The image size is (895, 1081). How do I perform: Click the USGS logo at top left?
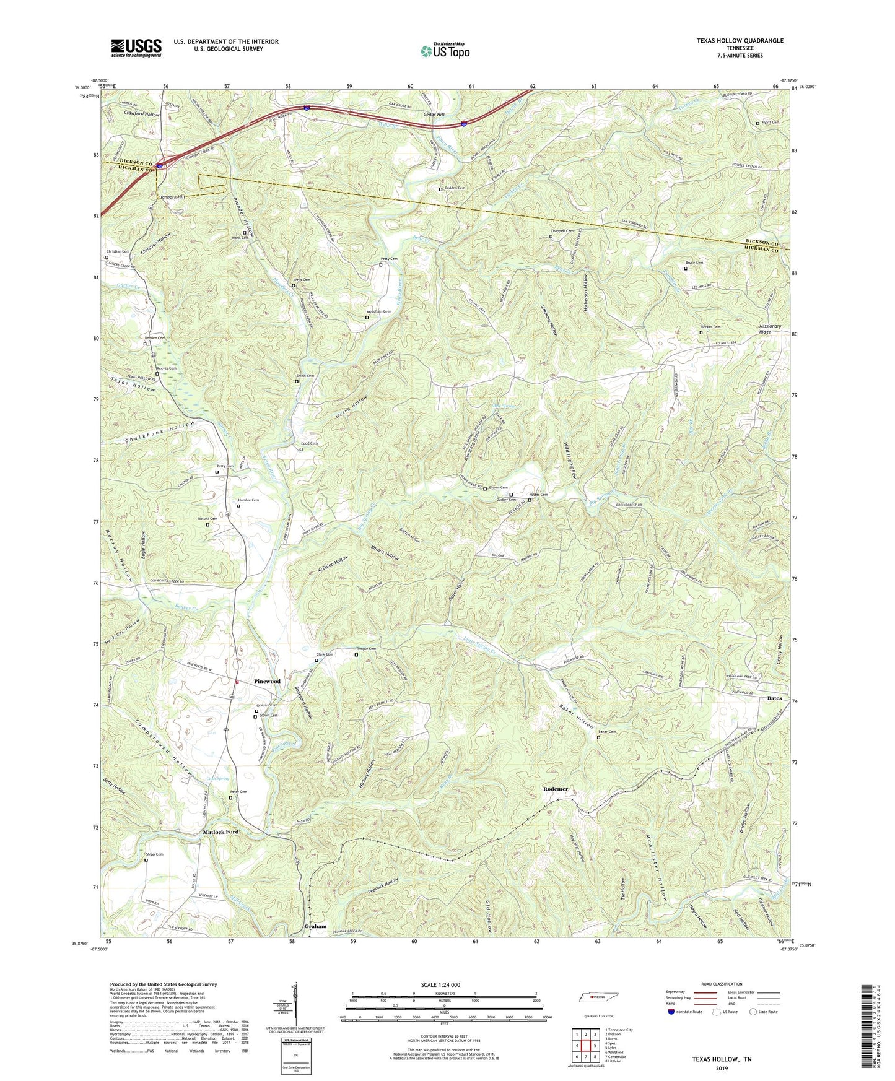[x=136, y=48]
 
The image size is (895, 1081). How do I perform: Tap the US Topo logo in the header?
[x=445, y=51]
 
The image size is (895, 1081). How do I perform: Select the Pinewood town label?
[x=267, y=681]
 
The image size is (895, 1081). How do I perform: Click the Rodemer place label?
[x=555, y=789]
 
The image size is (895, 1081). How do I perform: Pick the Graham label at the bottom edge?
[x=315, y=927]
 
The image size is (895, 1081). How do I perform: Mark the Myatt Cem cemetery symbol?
[x=757, y=123]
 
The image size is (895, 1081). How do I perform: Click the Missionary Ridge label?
[x=770, y=329]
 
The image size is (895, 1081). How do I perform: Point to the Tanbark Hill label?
[x=173, y=197]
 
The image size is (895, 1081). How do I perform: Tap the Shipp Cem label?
[x=155, y=854]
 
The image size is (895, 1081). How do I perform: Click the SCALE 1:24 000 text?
[x=440, y=984]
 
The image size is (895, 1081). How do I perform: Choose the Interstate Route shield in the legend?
[x=672, y=1012]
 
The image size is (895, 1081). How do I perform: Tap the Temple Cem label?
[x=367, y=649]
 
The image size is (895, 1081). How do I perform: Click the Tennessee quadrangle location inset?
[x=593, y=997]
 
